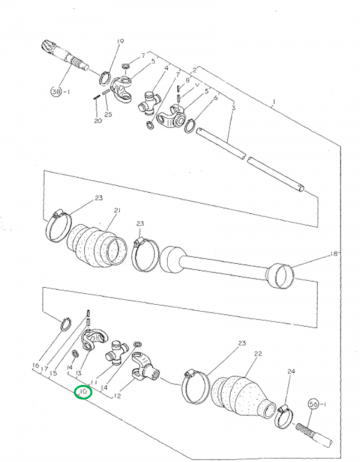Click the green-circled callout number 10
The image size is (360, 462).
point(83,392)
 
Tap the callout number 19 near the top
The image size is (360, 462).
point(119,40)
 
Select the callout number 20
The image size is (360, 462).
point(97,120)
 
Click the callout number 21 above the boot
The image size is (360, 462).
point(116,211)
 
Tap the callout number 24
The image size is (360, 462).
point(292,373)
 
